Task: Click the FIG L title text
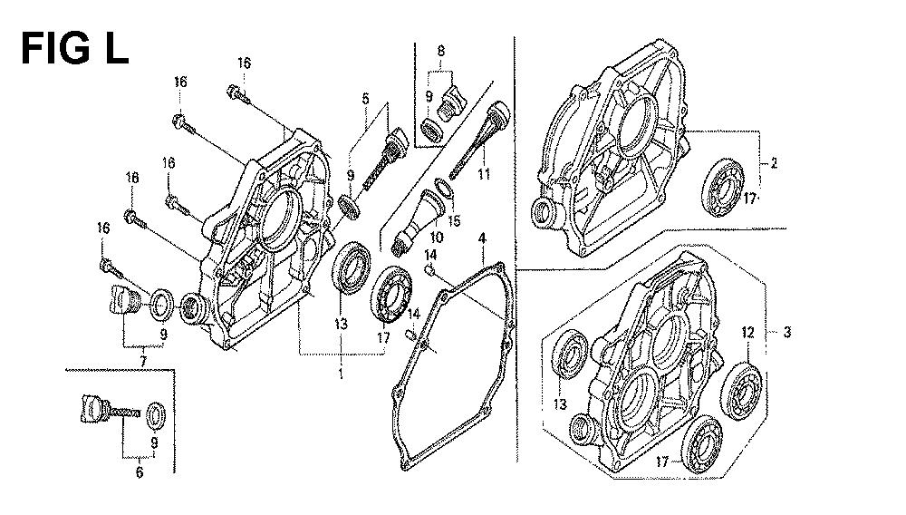pyautogui.click(x=74, y=46)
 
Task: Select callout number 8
pyautogui.click(x=441, y=53)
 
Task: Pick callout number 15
pyautogui.click(x=454, y=220)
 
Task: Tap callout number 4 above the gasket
pyautogui.click(x=482, y=239)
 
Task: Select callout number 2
pyautogui.click(x=775, y=164)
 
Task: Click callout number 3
pyautogui.click(x=788, y=333)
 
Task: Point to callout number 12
pyautogui.click(x=748, y=334)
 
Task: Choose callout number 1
pyautogui.click(x=342, y=373)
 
